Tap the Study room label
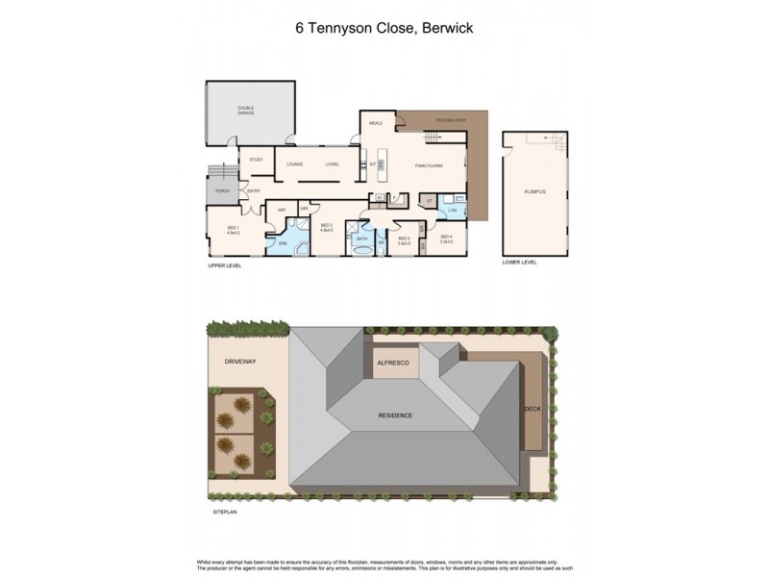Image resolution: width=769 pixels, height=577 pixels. [x=256, y=160]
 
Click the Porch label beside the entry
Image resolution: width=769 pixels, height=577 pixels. [x=221, y=191]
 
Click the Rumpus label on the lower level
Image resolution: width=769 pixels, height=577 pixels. [x=534, y=192]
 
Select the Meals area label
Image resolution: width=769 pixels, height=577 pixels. [x=376, y=123]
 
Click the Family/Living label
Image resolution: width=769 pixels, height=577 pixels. [x=429, y=165]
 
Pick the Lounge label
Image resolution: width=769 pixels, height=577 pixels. [x=294, y=164]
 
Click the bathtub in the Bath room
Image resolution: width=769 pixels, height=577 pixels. [x=362, y=252]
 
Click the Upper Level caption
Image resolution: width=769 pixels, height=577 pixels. [x=225, y=266]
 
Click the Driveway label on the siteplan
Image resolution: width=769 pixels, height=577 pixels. [x=239, y=363]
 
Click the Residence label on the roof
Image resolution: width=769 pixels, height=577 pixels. [x=394, y=415]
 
